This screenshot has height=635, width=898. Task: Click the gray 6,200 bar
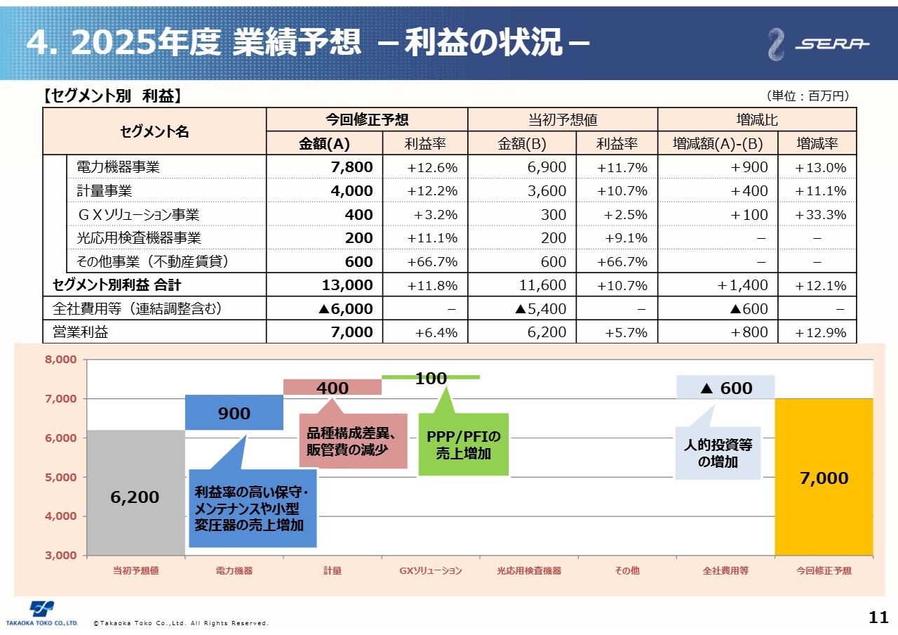tap(135, 492)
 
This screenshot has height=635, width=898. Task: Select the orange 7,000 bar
tap(824, 477)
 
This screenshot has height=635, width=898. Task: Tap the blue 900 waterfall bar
tap(234, 413)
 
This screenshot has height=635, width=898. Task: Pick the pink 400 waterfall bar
tap(332, 387)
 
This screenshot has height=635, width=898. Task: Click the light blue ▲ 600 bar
tap(725, 387)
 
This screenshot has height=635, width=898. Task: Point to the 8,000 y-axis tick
tap(62, 360)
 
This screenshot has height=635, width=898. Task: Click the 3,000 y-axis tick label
tap(62, 555)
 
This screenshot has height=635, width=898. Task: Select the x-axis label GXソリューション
tap(431, 571)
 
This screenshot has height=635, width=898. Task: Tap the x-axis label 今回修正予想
tap(824, 571)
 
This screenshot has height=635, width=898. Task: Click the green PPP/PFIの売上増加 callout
tap(463, 445)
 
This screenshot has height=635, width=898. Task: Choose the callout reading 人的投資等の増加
tap(718, 453)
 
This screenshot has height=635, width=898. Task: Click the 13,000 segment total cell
tap(347, 285)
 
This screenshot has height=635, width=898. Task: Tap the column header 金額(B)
tap(521, 144)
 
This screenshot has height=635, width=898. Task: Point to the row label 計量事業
tap(105, 191)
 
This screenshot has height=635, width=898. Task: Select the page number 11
tap(878, 618)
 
